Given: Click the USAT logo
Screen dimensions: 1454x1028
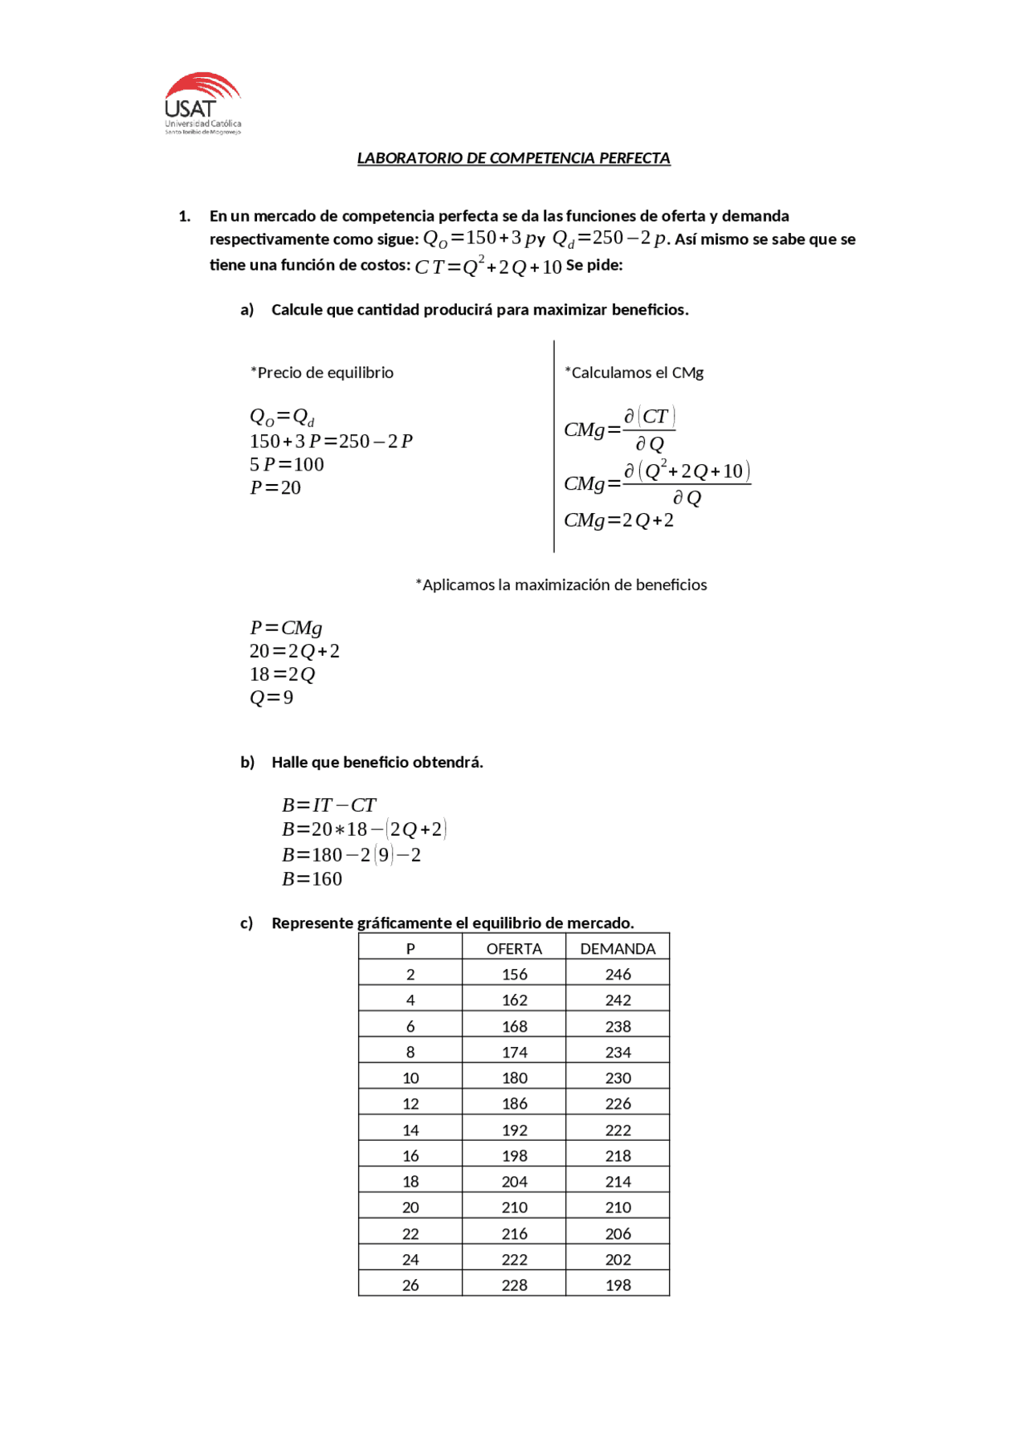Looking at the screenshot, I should point(202,104).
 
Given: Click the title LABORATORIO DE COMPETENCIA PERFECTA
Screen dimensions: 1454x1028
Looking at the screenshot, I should point(513,158).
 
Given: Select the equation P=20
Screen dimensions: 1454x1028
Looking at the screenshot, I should point(275,488).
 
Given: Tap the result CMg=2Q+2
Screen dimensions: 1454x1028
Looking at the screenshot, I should point(618,520).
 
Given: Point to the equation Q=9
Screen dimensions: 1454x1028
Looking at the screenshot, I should point(271,698).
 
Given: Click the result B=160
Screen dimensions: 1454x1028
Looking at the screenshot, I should point(312,879).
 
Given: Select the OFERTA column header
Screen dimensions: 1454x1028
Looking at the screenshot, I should point(514,948).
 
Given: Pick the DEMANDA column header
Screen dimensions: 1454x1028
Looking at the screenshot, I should point(618,948).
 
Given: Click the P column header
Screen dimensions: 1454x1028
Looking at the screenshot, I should point(410,948).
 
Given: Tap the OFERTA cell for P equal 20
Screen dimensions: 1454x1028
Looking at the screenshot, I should point(514,1208).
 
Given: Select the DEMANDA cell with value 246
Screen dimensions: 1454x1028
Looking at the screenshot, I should point(618,975).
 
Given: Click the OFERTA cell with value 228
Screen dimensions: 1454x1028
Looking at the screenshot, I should point(514,1285).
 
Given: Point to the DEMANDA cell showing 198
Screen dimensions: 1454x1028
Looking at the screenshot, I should point(618,1285).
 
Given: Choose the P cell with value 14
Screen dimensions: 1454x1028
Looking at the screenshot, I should point(410,1130).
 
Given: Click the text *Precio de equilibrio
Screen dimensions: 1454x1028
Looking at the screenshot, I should point(322,373).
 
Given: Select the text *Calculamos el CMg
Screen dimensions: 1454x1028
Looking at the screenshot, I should point(634,373).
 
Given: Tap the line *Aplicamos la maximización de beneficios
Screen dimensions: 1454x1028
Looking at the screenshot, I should point(561,584).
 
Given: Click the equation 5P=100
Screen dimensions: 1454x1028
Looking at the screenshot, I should point(287,465).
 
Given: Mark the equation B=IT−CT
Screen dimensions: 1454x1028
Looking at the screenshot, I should point(328,805).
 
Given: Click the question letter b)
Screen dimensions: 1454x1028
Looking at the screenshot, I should point(247,762).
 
